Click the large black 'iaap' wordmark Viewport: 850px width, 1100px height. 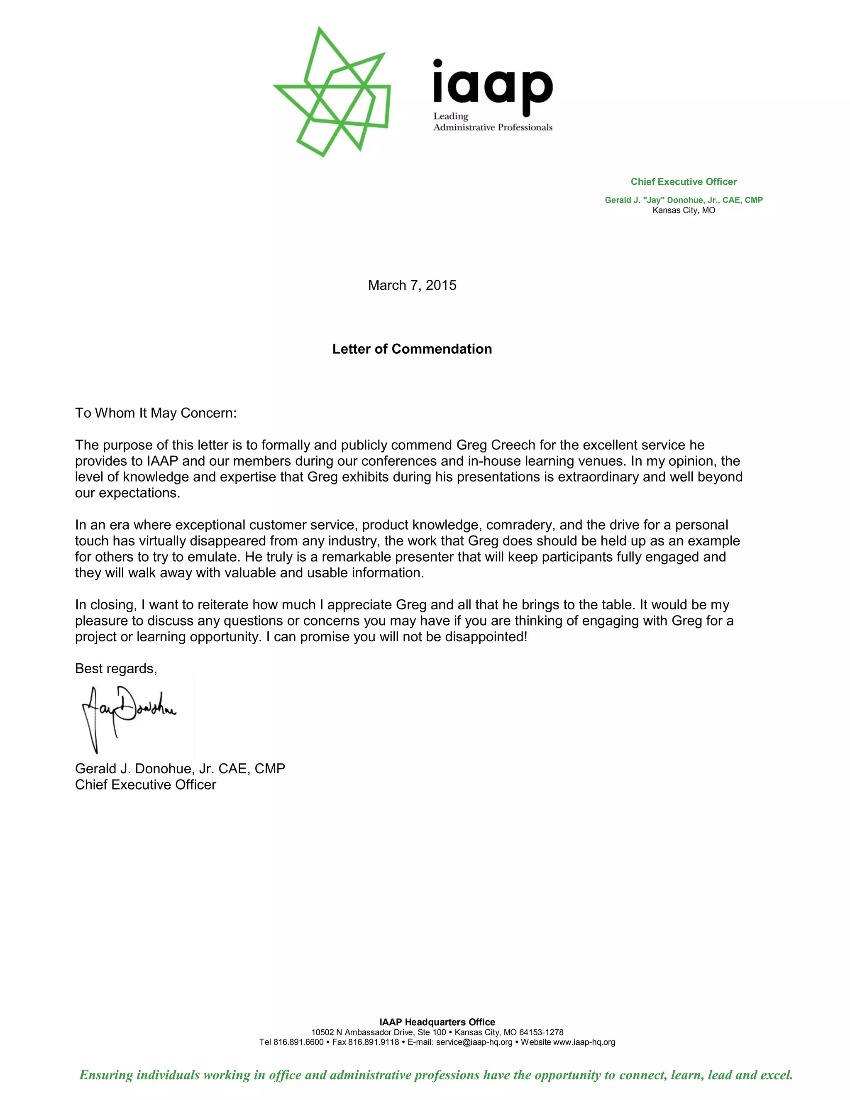[x=493, y=87]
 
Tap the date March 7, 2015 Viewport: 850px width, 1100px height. [x=412, y=285]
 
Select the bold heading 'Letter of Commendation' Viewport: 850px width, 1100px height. [x=412, y=349]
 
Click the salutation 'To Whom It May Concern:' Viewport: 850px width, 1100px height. [x=156, y=413]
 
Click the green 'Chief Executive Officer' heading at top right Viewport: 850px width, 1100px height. [x=683, y=182]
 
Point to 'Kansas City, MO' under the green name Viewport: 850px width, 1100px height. [x=683, y=210]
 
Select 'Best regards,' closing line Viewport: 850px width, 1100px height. [x=116, y=668]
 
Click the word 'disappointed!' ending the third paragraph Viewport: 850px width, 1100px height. [x=486, y=637]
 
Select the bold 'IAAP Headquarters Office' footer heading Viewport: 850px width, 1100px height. [x=437, y=1022]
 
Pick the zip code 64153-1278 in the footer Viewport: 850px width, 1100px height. [x=541, y=1032]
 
